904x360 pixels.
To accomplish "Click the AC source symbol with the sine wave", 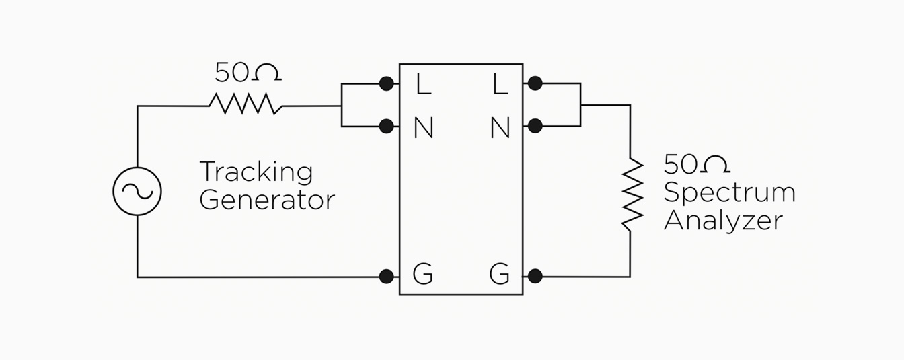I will click(x=137, y=192).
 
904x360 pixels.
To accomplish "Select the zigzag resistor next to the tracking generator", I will click(x=245, y=104).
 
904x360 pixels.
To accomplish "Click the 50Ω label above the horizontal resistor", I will click(x=248, y=72).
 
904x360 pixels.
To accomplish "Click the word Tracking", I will click(x=256, y=173).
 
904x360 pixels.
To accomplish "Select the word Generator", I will click(x=267, y=201).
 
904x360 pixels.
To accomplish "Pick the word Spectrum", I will click(x=729, y=193).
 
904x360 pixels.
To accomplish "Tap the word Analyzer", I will click(x=723, y=221).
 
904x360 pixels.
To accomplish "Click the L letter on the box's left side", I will click(x=423, y=84).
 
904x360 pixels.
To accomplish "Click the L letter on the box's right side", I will click(x=500, y=84).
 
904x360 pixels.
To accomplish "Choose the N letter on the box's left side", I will click(x=423, y=128).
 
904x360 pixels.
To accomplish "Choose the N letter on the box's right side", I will click(x=500, y=128).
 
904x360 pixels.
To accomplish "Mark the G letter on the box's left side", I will click(x=422, y=275).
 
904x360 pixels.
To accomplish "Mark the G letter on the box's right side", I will click(x=499, y=275).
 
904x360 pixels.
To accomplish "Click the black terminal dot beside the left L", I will click(x=386, y=83).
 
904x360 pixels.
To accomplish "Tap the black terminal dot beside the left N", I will click(x=386, y=126).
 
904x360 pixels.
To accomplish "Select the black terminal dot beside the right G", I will click(x=535, y=276).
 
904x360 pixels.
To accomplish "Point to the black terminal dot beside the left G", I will click(x=386, y=276).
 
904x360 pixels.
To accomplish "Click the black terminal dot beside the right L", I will click(x=535, y=83).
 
